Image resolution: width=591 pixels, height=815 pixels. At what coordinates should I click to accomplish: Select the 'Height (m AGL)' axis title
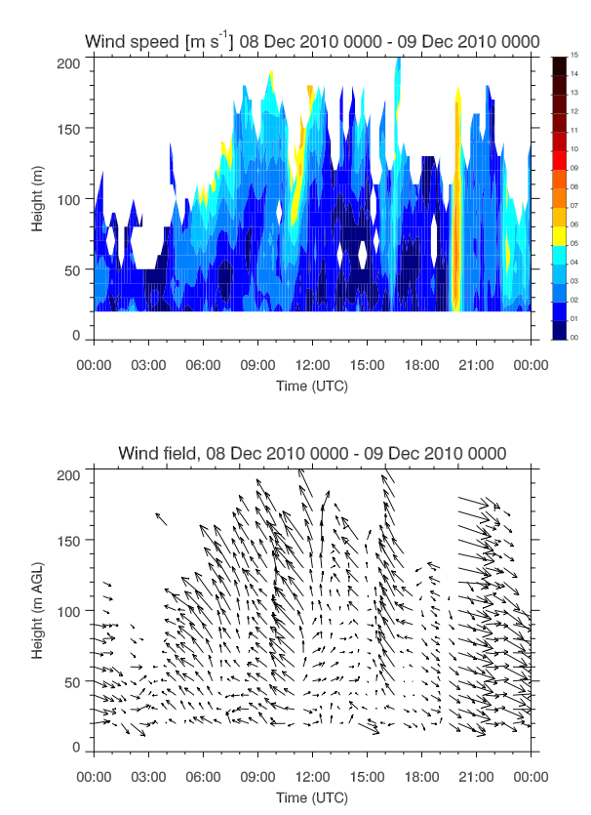pos(37,608)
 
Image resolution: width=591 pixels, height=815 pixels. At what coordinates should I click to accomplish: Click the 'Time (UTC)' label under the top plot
pos(311,385)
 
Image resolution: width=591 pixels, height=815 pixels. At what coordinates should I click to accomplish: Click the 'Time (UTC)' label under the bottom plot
pos(311,796)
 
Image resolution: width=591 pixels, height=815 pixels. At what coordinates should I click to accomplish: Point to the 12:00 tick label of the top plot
pos(311,360)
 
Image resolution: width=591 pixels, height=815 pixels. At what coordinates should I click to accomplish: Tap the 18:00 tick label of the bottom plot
pos(420,772)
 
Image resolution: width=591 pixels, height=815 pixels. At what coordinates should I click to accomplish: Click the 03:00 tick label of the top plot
pos(147,360)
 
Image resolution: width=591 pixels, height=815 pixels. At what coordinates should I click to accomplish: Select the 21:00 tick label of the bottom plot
pos(475,772)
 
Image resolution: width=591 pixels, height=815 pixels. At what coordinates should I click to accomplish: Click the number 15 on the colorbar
pos(575,56)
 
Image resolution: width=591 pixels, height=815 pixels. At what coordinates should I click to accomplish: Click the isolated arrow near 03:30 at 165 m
pos(161,518)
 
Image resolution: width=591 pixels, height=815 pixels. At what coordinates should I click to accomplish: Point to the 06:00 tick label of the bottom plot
pos(202,772)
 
